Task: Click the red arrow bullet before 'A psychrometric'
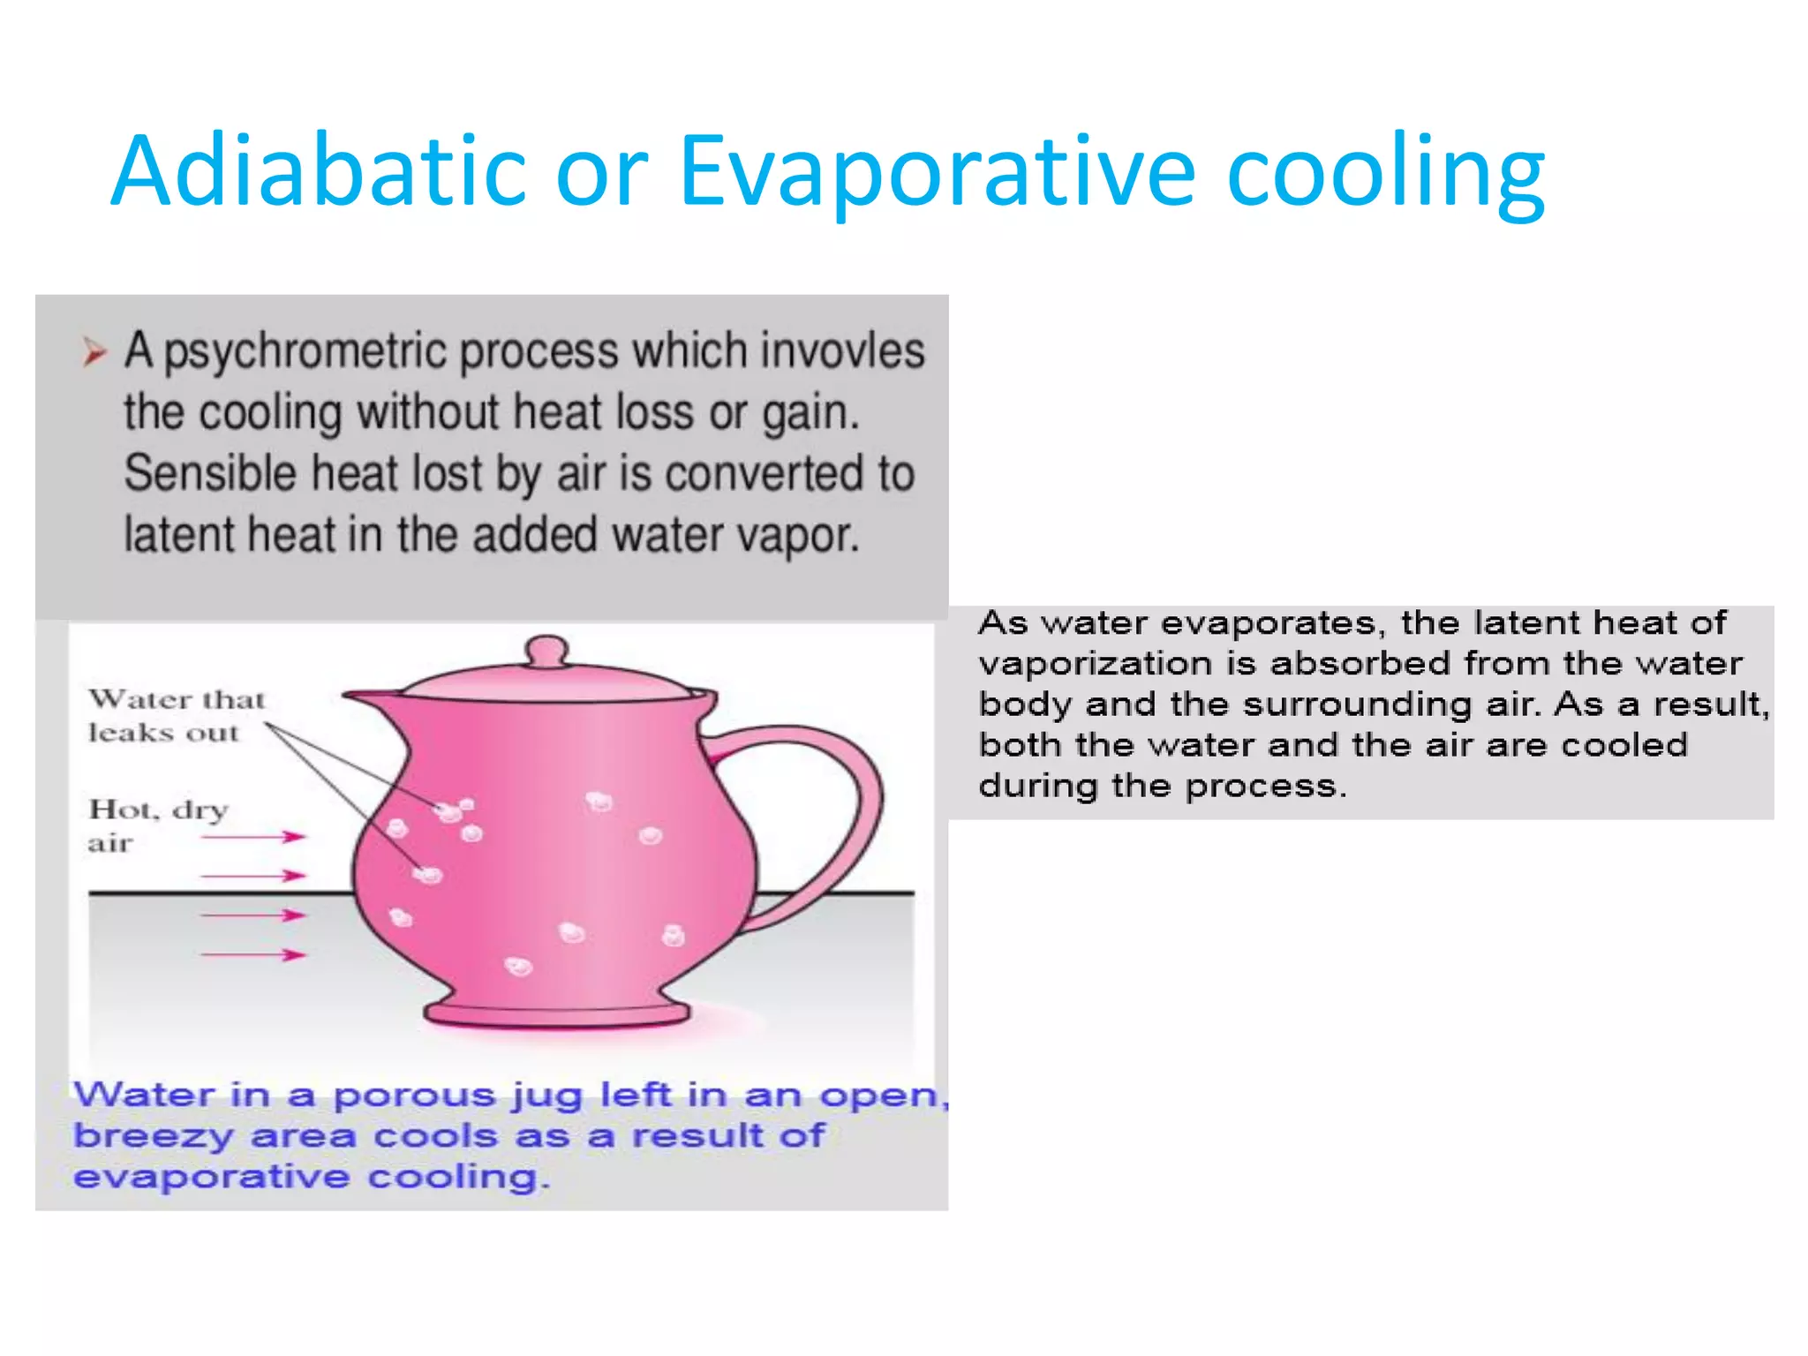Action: click(94, 352)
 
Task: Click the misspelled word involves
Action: click(842, 350)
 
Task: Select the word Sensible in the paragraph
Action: click(210, 473)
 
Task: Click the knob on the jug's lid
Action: click(546, 652)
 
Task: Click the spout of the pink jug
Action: click(371, 698)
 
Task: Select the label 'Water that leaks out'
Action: click(175, 715)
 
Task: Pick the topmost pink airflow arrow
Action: click(253, 836)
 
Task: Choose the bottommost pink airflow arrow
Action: click(253, 954)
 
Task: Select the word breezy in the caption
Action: click(153, 1136)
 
